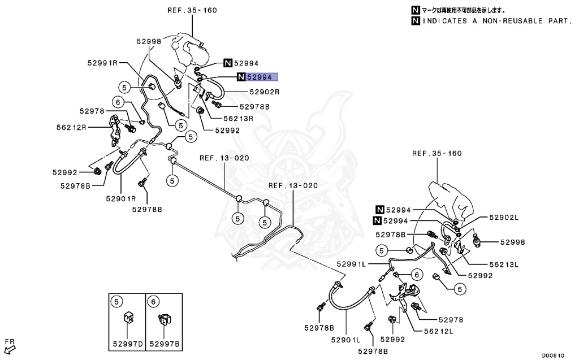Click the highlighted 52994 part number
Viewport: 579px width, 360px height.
point(261,77)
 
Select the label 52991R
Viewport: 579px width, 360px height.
point(102,62)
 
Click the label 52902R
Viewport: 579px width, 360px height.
point(265,92)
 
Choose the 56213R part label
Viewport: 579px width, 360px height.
point(237,119)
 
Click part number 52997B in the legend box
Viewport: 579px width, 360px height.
point(165,343)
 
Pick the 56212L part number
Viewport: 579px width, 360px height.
point(438,332)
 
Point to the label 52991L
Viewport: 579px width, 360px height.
point(352,263)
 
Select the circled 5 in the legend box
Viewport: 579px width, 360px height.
point(117,301)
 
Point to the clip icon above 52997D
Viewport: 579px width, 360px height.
point(128,318)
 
